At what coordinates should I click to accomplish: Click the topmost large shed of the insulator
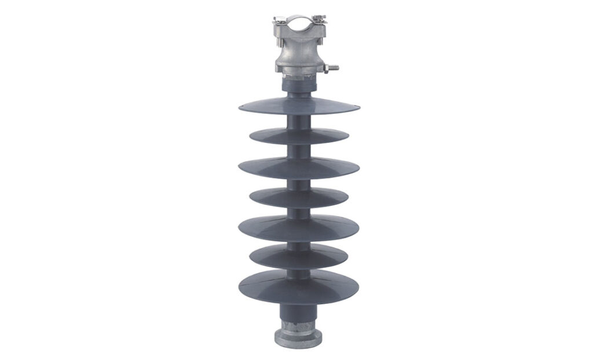point(298,106)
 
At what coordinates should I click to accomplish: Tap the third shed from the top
point(298,167)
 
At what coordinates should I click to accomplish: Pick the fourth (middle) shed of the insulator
point(298,197)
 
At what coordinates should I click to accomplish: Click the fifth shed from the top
point(298,226)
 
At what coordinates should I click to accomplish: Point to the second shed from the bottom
point(298,256)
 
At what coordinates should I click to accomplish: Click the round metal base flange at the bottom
point(298,337)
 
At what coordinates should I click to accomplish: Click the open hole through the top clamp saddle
point(298,27)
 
